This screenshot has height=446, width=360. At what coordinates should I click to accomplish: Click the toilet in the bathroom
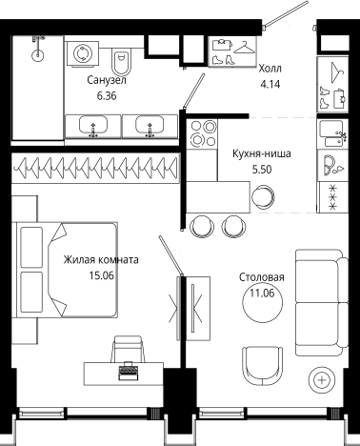[121, 63]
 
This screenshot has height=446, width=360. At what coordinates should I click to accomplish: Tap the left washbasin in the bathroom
[92, 125]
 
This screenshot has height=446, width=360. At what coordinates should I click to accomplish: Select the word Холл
[272, 69]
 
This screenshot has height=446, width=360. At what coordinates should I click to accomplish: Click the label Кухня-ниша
[261, 152]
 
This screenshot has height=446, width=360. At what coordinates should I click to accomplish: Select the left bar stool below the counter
[201, 225]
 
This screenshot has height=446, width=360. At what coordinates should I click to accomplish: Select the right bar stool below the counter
[232, 225]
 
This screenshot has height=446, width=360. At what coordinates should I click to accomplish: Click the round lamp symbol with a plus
[324, 379]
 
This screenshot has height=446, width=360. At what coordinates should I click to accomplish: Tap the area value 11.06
[262, 294]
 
